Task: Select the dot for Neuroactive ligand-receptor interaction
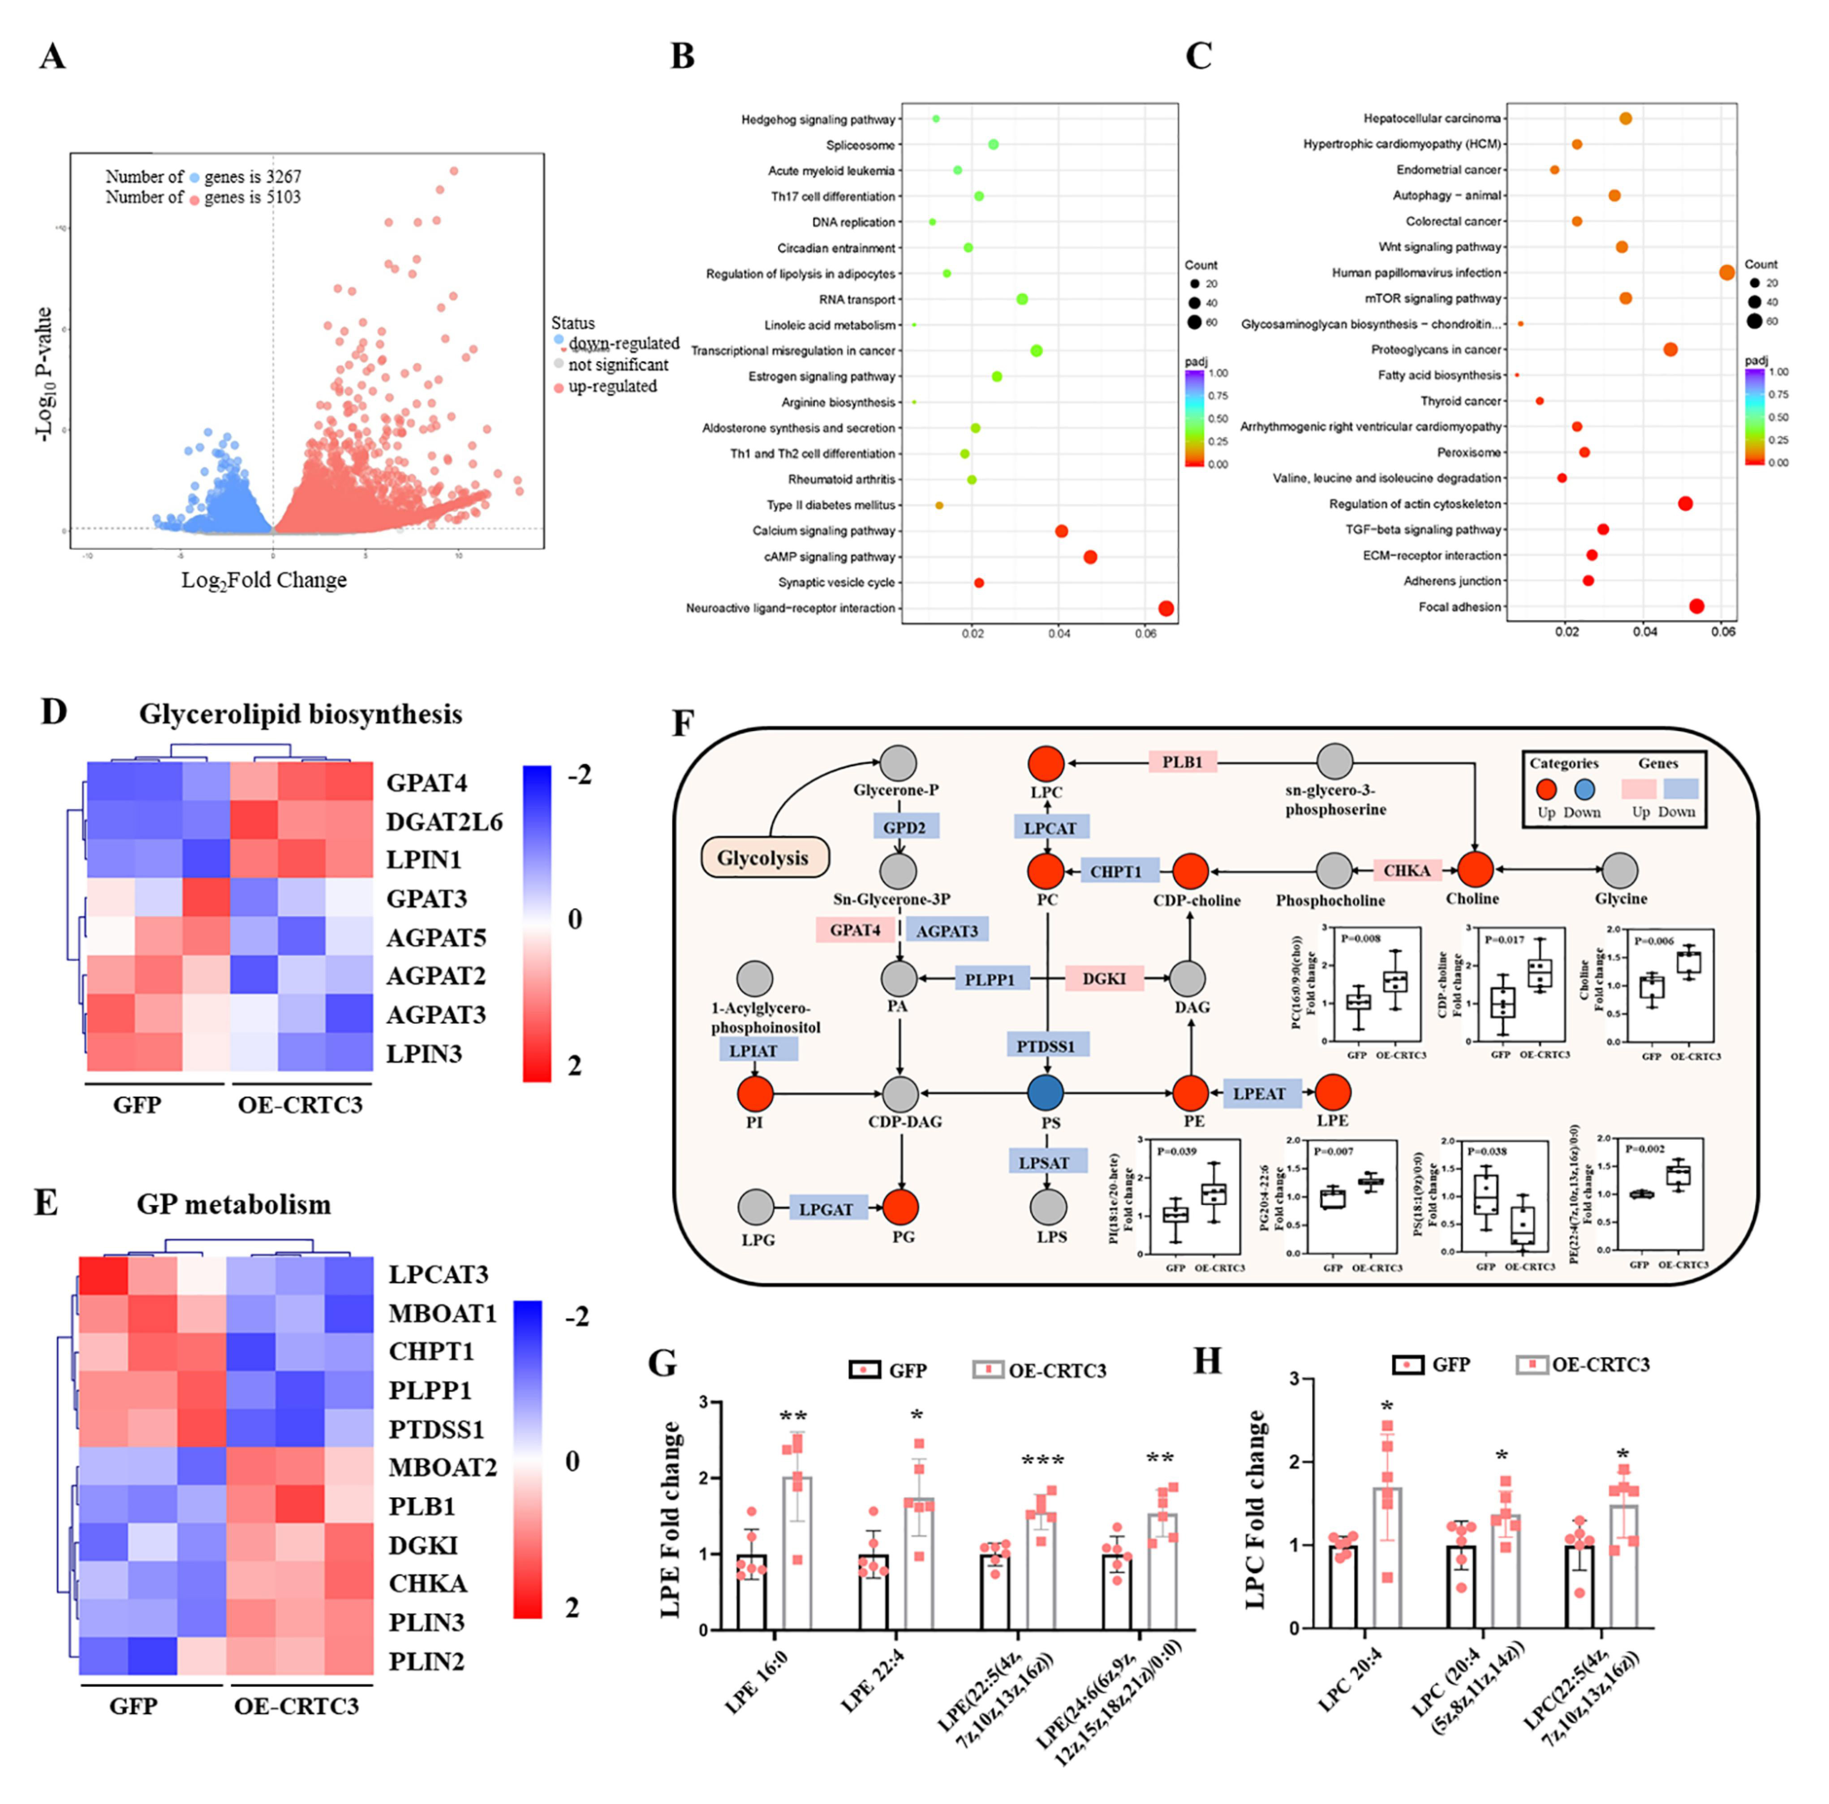1166,609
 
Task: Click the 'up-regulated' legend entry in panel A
611,386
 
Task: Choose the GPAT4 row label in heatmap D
426,783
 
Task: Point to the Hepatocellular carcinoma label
1431,118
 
